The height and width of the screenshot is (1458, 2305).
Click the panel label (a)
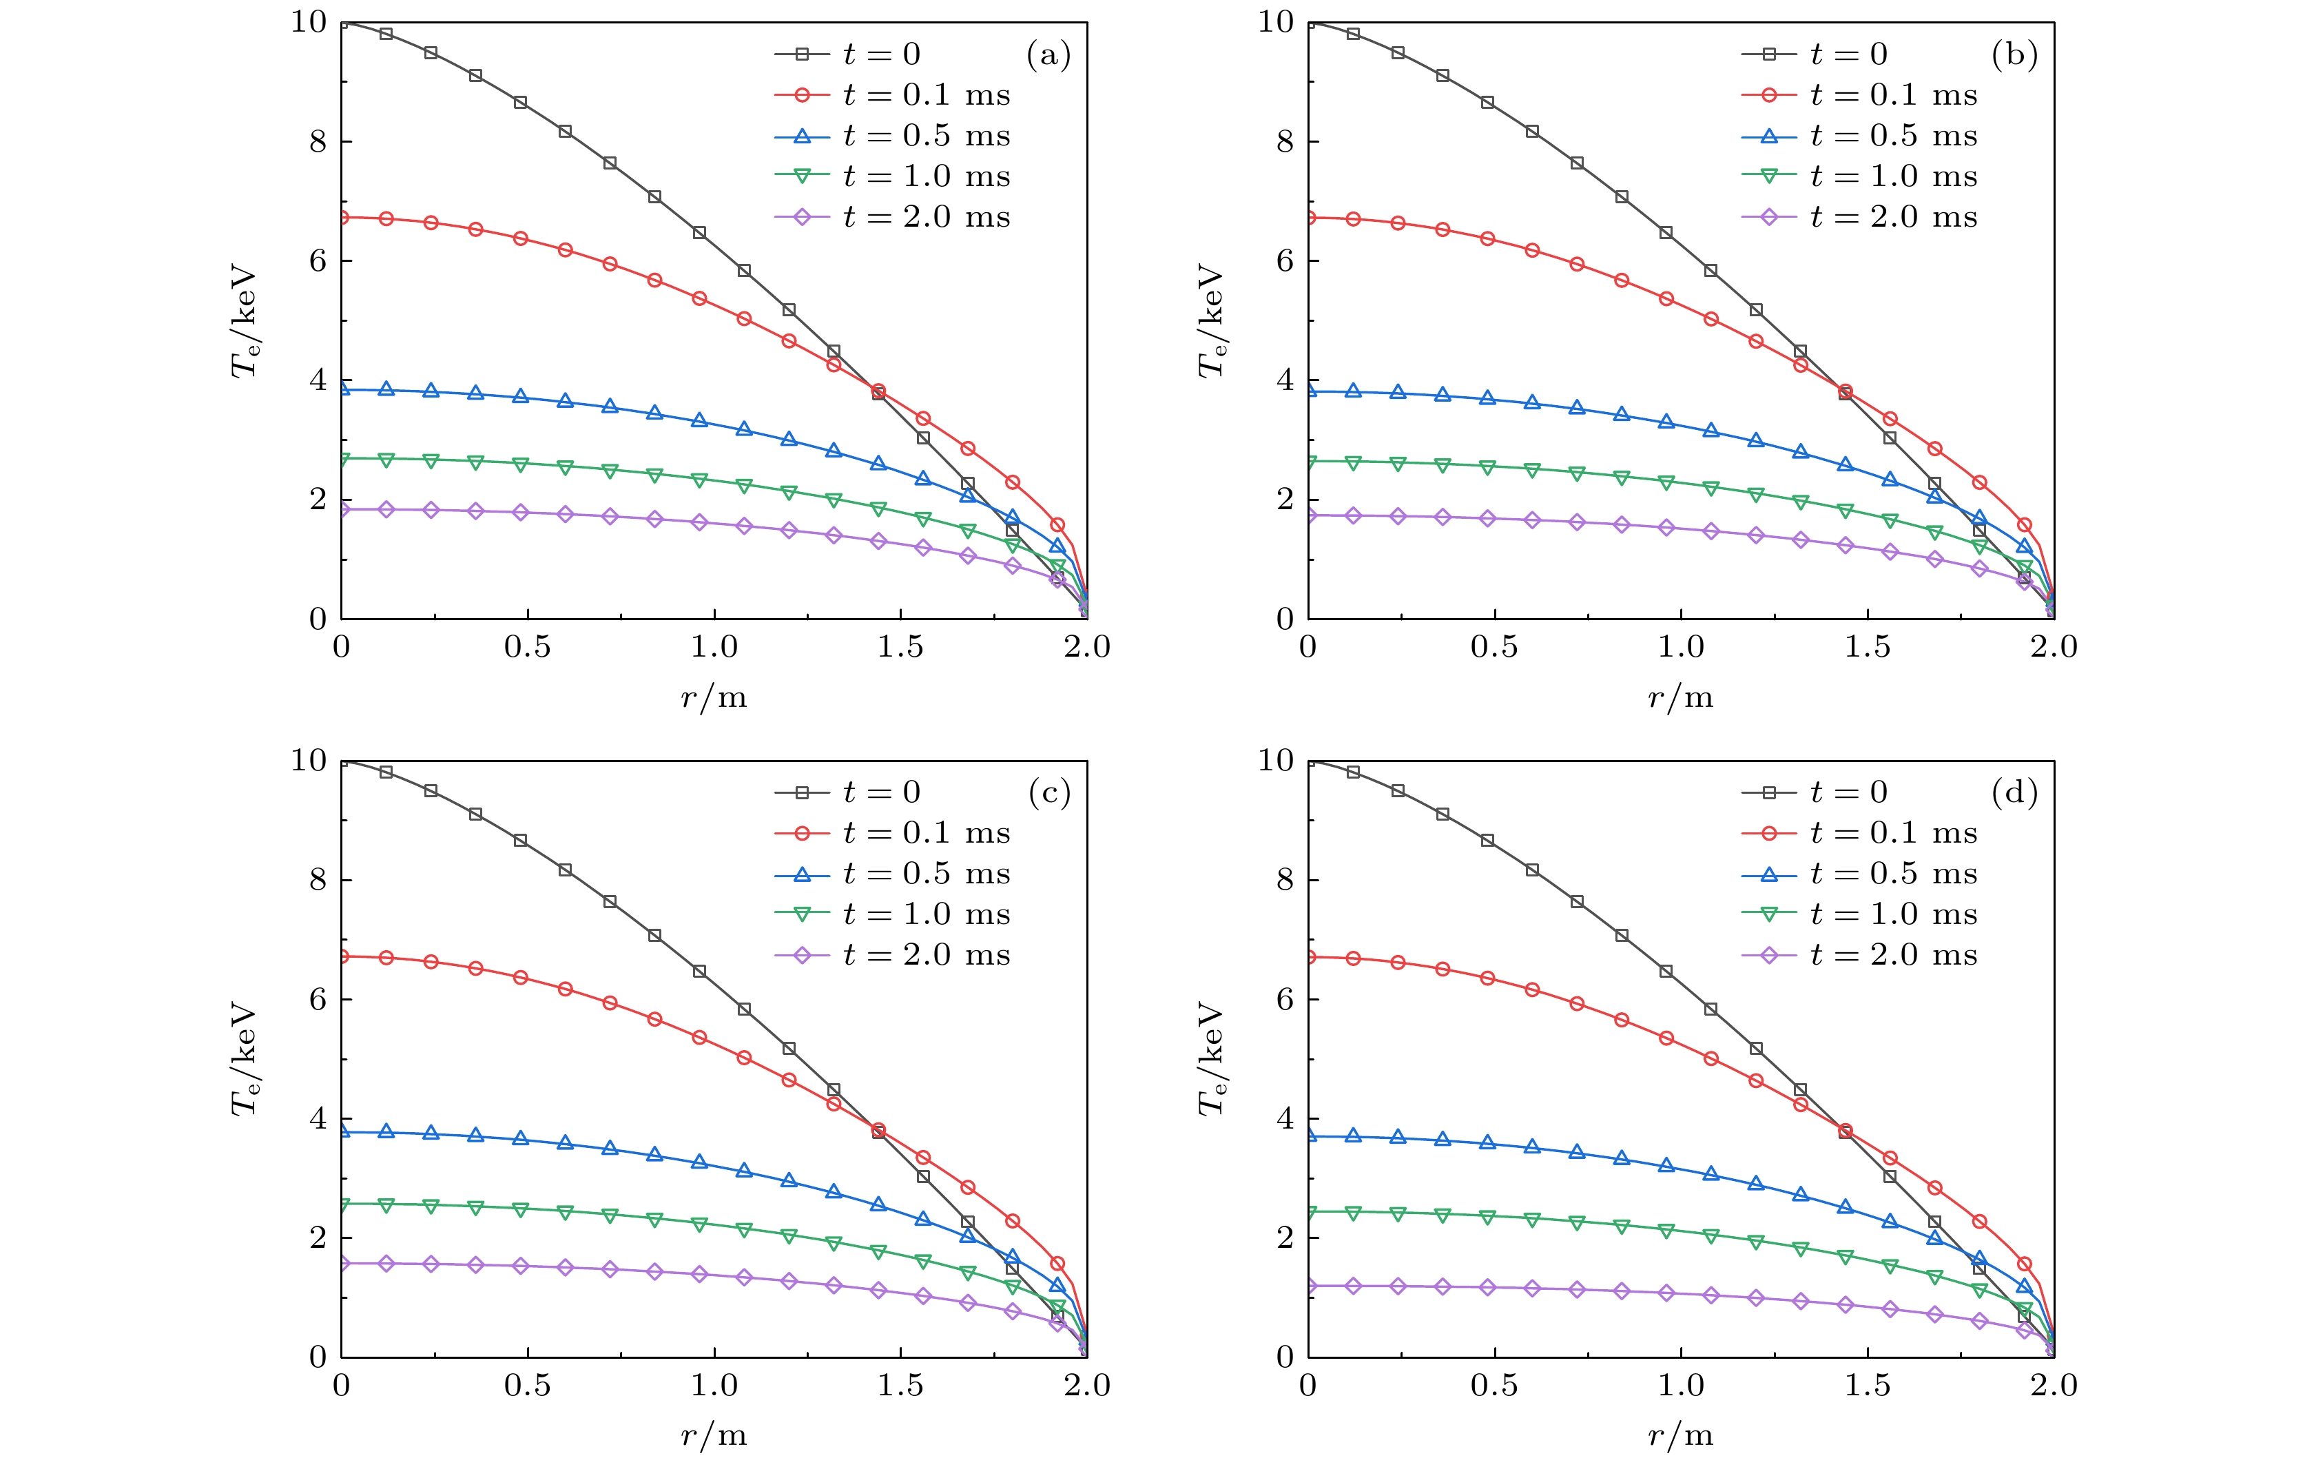click(1048, 56)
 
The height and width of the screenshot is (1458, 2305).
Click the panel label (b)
click(2014, 56)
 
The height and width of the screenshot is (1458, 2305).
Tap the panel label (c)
click(1048, 794)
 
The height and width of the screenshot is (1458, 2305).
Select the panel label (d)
click(2014, 794)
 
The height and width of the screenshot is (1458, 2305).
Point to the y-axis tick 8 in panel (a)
click(318, 142)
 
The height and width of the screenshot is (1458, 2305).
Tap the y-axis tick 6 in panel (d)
click(1285, 999)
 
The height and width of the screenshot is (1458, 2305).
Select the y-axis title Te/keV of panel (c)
click(245, 1059)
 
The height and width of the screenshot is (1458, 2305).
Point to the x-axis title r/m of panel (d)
click(1681, 1436)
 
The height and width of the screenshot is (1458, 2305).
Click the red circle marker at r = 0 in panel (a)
click(342, 217)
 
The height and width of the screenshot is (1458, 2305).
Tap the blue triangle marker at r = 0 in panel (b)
click(1308, 391)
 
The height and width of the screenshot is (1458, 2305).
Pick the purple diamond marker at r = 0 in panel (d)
click(1308, 1286)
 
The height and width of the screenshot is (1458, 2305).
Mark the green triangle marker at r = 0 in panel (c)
click(342, 1204)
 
